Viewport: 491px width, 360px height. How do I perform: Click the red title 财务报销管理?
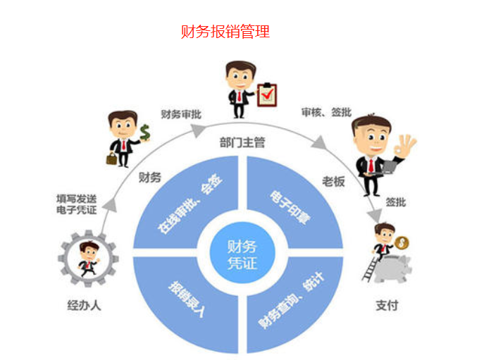(225, 32)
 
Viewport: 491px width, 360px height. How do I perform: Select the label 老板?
(335, 181)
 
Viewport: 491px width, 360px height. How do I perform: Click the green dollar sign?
(145, 132)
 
